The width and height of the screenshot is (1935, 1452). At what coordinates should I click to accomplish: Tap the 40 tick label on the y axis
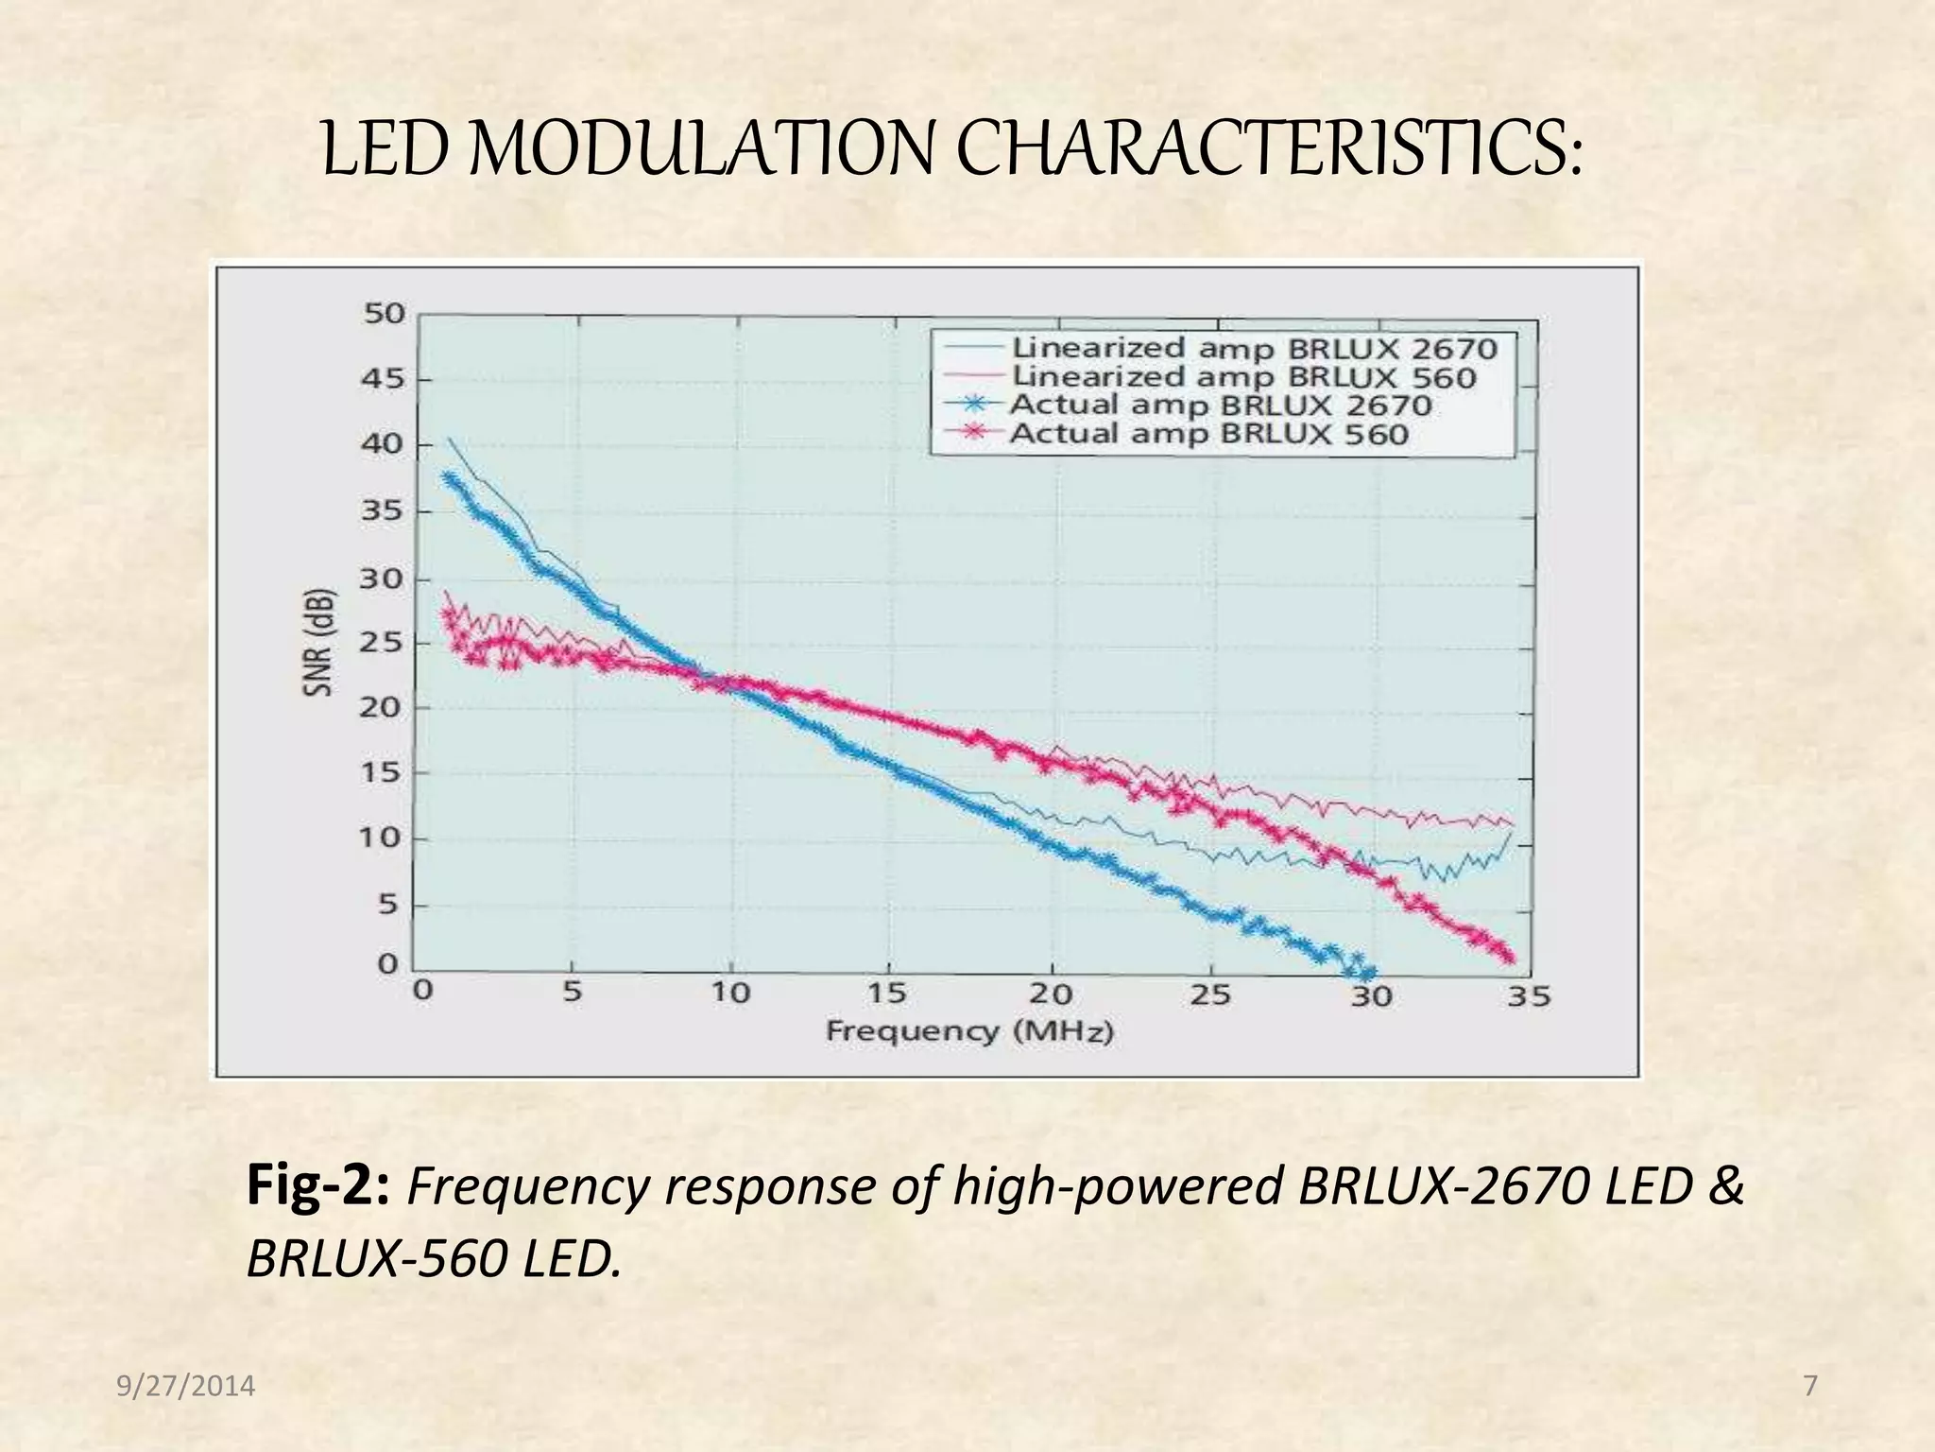click(x=382, y=444)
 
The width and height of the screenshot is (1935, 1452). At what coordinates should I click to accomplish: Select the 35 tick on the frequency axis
click(x=1528, y=995)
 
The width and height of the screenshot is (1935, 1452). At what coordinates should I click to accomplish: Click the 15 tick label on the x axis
click(x=885, y=994)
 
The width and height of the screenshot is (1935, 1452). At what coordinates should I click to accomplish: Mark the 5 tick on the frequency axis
click(x=573, y=993)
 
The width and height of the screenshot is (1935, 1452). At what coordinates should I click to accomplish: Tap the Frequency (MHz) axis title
click(x=969, y=1030)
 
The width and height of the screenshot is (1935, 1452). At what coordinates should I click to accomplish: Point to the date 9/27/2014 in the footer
click(x=186, y=1386)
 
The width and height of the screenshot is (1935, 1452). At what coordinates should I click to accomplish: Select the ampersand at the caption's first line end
click(x=1725, y=1186)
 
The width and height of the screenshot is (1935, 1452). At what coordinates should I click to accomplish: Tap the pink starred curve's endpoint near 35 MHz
click(x=1509, y=959)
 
